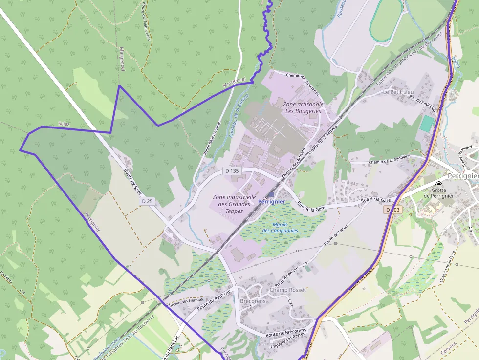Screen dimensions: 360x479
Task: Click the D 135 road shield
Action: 232,171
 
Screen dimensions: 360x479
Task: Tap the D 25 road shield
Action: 147,201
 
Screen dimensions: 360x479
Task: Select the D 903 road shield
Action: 392,210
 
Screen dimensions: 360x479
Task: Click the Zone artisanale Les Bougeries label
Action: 303,107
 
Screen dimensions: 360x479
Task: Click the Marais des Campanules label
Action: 280,227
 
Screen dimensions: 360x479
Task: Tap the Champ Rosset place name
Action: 287,290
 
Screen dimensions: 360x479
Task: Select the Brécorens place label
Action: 253,301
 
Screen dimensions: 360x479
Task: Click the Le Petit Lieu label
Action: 398,92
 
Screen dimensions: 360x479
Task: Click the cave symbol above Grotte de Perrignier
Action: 438,183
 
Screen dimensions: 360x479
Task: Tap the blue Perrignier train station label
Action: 271,201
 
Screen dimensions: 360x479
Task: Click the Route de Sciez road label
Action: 132,180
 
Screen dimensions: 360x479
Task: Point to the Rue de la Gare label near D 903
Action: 376,200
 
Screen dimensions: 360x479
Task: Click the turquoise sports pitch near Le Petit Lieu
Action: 426,123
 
